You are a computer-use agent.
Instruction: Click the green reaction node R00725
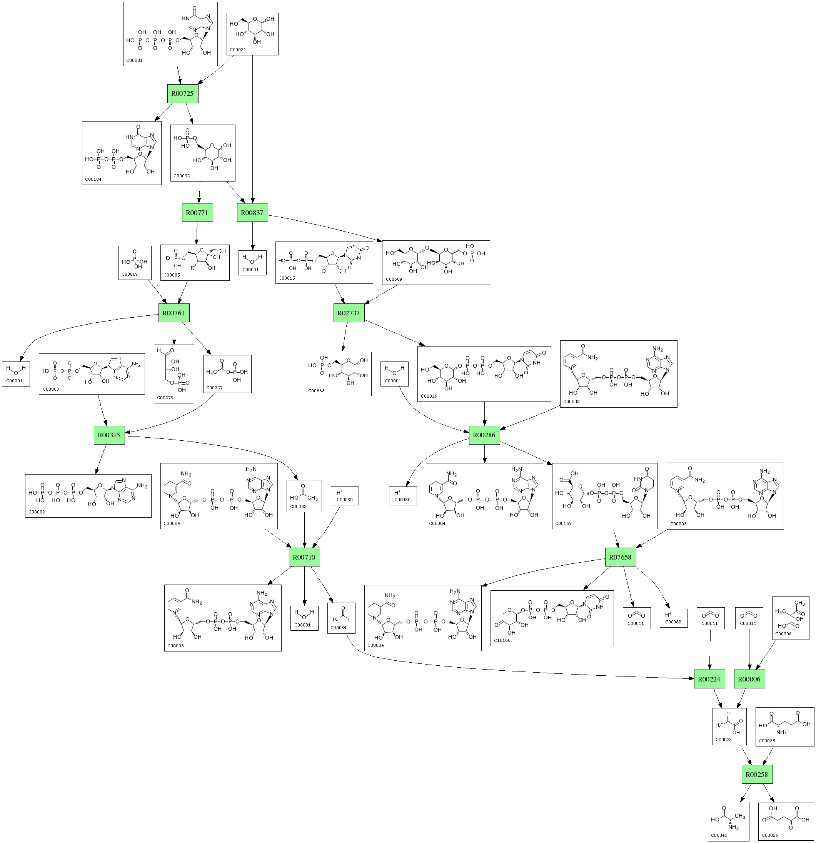click(x=182, y=94)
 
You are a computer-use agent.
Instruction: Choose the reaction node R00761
click(x=174, y=313)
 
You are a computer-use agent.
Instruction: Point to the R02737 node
click(x=349, y=313)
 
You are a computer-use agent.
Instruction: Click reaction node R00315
click(x=109, y=435)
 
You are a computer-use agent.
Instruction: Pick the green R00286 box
click(x=484, y=435)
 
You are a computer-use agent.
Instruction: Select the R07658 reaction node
click(x=620, y=557)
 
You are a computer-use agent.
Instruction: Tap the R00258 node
click(x=756, y=775)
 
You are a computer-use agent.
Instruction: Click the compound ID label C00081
click(x=134, y=61)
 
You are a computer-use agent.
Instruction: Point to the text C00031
click(x=238, y=50)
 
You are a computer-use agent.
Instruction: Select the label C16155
click(x=502, y=640)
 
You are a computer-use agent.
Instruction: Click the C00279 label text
click(x=165, y=398)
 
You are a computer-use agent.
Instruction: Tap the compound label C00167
click(x=564, y=524)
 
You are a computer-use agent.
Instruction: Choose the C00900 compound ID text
click(x=783, y=634)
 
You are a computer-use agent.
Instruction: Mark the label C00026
click(x=769, y=836)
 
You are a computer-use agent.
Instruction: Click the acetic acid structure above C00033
click(x=304, y=494)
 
